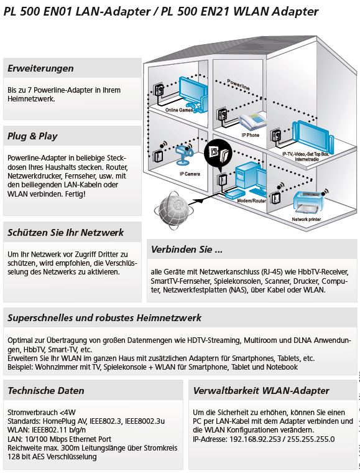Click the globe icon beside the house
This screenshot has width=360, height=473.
pyautogui.click(x=172, y=208)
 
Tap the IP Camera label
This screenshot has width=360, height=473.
pyautogui.click(x=190, y=174)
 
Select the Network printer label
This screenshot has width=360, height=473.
pyautogui.click(x=306, y=219)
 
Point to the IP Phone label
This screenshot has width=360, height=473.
pyautogui.click(x=251, y=135)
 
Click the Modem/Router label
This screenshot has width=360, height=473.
pyautogui.click(x=252, y=200)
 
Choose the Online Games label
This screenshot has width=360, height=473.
pyautogui.click(x=179, y=110)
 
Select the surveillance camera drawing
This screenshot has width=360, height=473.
pyautogui.click(x=184, y=154)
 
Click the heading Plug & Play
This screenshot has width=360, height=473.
pyautogui.click(x=32, y=136)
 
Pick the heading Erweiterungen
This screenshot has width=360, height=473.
pyautogui.click(x=40, y=68)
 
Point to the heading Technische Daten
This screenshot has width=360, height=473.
pyautogui.click(x=46, y=391)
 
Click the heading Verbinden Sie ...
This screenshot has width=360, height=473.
pyautogui.click(x=187, y=250)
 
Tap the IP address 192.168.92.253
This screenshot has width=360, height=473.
pyautogui.click(x=255, y=439)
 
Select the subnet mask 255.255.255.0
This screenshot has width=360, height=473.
pyautogui.click(x=311, y=439)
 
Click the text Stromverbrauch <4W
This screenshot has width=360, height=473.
pyautogui.click(x=42, y=413)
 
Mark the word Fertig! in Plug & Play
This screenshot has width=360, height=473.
pyautogui.click(x=75, y=194)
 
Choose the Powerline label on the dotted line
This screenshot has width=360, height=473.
pyautogui.click(x=238, y=84)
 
